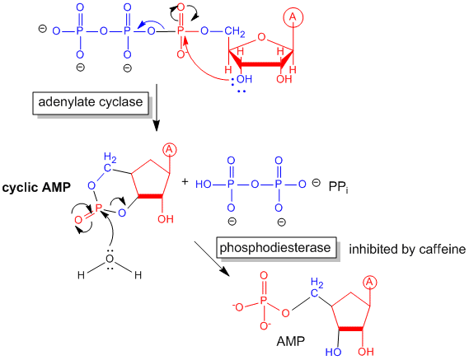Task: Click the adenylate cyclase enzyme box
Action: [91, 103]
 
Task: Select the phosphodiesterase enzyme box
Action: [276, 248]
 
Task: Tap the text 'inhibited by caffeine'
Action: [407, 249]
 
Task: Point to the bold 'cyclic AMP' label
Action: [36, 188]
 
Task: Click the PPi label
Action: [338, 187]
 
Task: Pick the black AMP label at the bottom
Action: [290, 341]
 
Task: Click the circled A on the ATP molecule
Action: [293, 17]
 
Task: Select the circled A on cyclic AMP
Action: [169, 149]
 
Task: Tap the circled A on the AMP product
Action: [370, 283]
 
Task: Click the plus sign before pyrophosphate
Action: [185, 181]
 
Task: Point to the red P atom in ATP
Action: [181, 30]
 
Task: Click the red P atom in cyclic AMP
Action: [98, 208]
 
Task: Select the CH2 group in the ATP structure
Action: [234, 31]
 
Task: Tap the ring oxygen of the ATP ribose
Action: [261, 37]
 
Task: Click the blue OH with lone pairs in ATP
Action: [244, 79]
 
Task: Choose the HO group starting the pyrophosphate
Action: [204, 185]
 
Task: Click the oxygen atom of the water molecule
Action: [110, 259]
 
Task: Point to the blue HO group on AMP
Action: [333, 352]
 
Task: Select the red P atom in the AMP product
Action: [263, 300]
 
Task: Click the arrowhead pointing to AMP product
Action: [226, 272]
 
